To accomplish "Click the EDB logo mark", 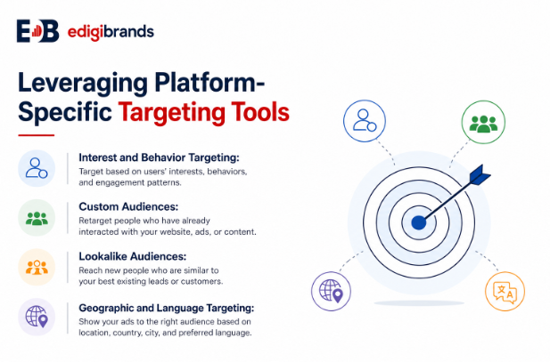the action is click(x=37, y=31).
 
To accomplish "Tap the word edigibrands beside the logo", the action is click(x=111, y=32).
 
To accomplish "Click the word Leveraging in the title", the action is click(x=83, y=84).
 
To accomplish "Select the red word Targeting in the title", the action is click(x=171, y=113).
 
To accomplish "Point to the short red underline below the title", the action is click(x=37, y=135).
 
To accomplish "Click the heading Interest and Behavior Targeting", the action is click(x=159, y=157).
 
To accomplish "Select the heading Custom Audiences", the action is click(x=128, y=206).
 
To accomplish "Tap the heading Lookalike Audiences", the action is click(x=133, y=256).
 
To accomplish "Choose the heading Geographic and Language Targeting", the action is click(x=167, y=308).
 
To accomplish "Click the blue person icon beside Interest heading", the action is click(x=37, y=168).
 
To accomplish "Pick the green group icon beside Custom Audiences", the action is click(x=37, y=218).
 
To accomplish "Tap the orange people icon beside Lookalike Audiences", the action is click(x=37, y=267).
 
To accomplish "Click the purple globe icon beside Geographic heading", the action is click(x=37, y=317).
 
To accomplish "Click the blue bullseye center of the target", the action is click(x=418, y=222).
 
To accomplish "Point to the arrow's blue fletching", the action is click(x=480, y=174).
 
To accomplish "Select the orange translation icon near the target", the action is click(x=505, y=291).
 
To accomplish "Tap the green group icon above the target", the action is click(x=483, y=122).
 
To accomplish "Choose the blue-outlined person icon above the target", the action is click(x=365, y=121).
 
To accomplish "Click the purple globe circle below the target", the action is click(x=331, y=291).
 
